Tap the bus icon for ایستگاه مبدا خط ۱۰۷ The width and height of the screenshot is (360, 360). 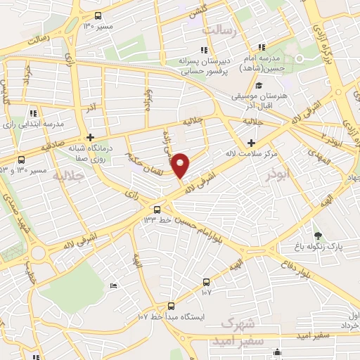pyautogui.click(x=171, y=305)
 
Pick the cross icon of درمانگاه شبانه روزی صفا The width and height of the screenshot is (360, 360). pyautogui.click(x=89, y=137)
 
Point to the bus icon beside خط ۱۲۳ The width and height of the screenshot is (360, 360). pyautogui.click(x=156, y=209)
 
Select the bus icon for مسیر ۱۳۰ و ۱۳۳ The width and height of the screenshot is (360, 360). pyautogui.click(x=21, y=160)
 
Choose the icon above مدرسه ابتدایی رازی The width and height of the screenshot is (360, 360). pyautogui.click(x=33, y=112)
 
